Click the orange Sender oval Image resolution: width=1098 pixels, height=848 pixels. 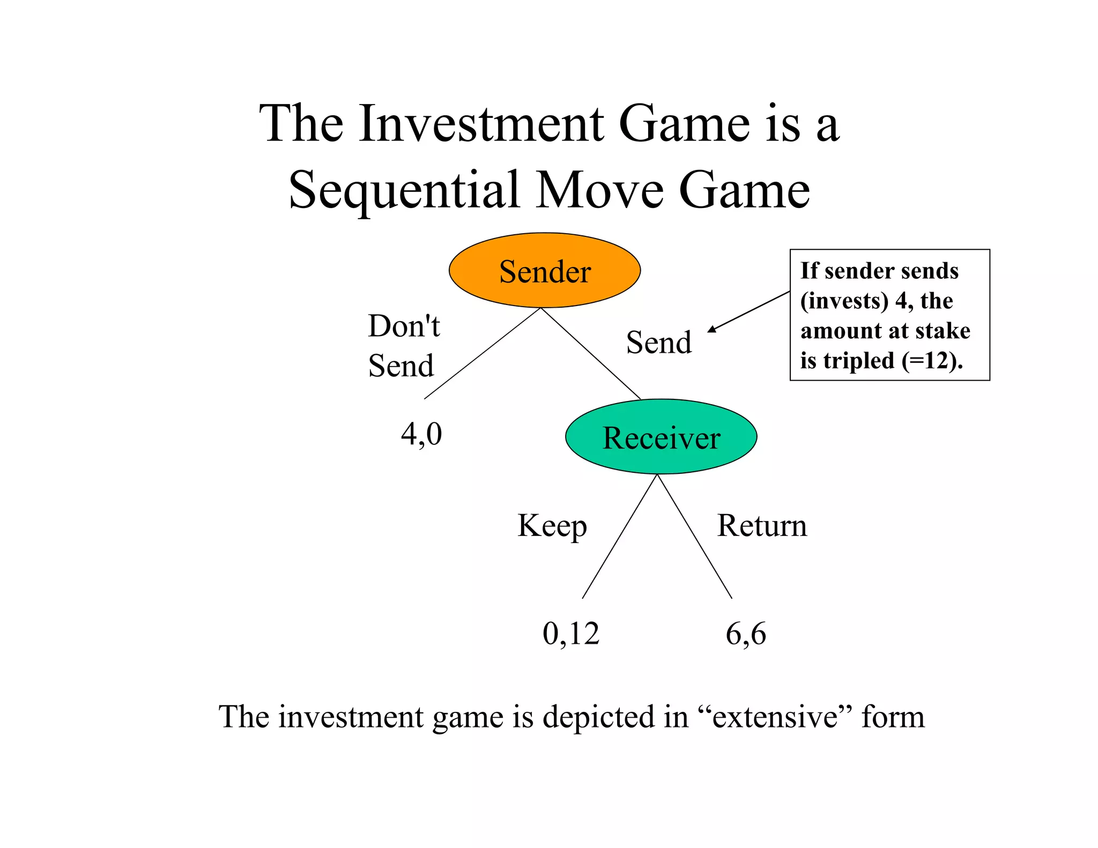click(x=544, y=271)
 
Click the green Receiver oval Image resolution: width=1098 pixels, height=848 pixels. click(x=661, y=437)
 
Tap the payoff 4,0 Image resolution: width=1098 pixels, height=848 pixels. click(x=421, y=434)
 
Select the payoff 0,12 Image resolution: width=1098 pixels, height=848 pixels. click(x=570, y=634)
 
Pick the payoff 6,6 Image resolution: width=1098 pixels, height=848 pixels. click(x=746, y=634)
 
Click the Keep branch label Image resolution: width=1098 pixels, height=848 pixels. click(x=552, y=526)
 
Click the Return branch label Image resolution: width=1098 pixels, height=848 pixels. click(x=762, y=526)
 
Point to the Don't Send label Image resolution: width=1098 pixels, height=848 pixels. click(x=403, y=346)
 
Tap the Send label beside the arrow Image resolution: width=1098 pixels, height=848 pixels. click(x=658, y=343)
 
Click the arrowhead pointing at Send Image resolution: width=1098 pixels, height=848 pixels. click(x=712, y=330)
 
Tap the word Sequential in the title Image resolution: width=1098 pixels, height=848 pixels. click(x=405, y=190)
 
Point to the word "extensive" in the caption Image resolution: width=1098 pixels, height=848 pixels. click(x=775, y=717)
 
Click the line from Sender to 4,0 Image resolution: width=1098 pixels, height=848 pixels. click(x=482, y=354)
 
